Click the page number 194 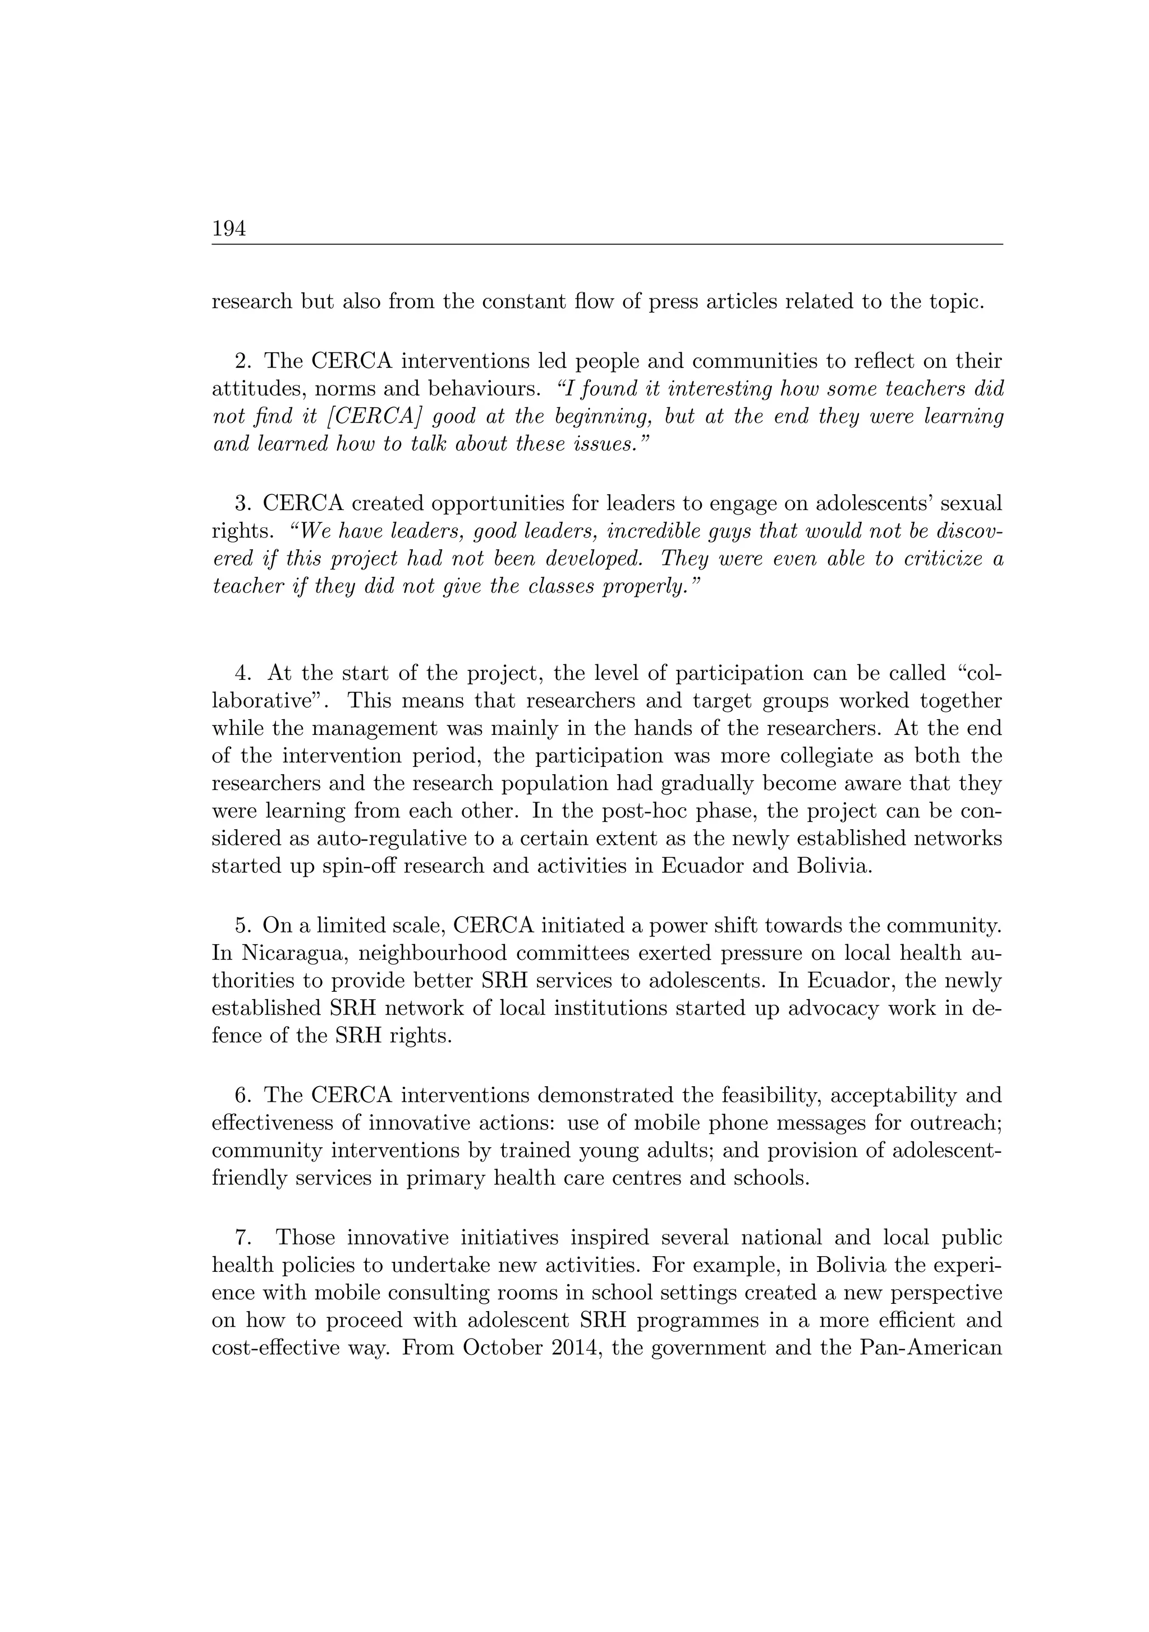[229, 229]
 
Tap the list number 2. [242, 362]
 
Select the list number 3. [242, 504]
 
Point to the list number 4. [242, 673]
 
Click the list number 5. [242, 926]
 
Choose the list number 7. [242, 1238]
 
